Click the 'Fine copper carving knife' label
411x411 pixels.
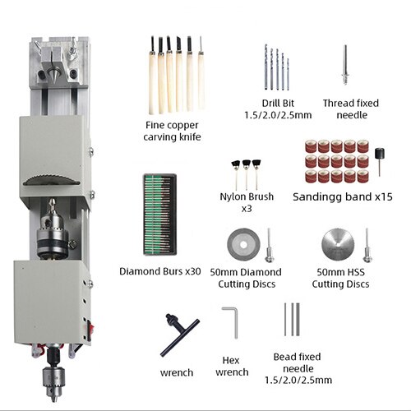click(173, 131)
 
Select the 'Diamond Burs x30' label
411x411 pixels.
click(159, 271)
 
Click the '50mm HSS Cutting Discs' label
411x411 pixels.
click(340, 278)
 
